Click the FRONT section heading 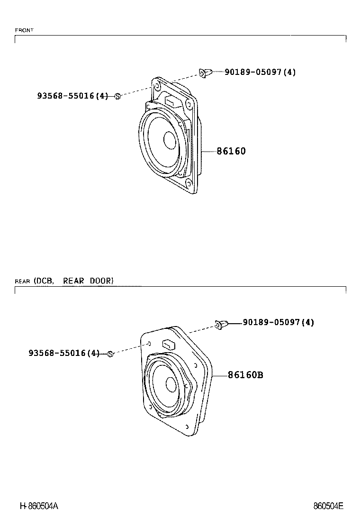point(24,30)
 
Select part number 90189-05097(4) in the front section point(260,72)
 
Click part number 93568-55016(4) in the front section point(72,96)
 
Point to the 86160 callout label point(231,151)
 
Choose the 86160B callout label point(245,375)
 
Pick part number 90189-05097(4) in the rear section point(278,322)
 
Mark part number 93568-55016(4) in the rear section point(64,353)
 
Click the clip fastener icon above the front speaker point(204,73)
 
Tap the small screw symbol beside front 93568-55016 point(118,96)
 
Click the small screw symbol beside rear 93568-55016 point(110,354)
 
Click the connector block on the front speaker point(171,101)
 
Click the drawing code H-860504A point(39,506)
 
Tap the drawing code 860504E point(328,506)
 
